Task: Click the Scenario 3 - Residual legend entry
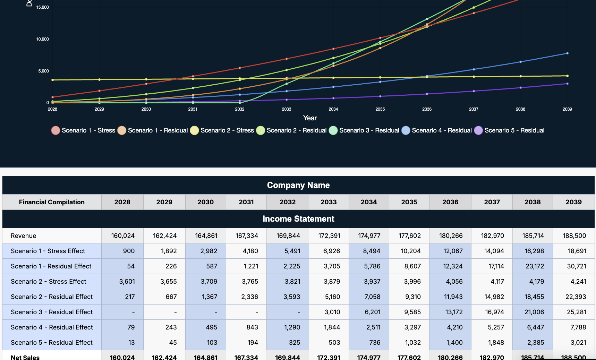coord(364,130)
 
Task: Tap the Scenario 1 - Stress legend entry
coord(83,130)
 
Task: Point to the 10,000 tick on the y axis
coord(42,39)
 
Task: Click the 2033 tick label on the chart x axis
coord(286,109)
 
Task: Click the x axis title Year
coord(310,118)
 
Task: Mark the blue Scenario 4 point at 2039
coord(567,53)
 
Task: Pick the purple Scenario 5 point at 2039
coord(567,84)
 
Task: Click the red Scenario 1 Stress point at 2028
coord(53,97)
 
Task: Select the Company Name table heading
coord(298,185)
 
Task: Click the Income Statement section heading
coord(298,219)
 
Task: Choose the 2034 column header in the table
coord(368,202)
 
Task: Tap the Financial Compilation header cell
coord(52,202)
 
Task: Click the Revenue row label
coord(24,236)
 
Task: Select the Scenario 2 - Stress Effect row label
coord(49,282)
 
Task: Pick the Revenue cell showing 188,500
coord(574,236)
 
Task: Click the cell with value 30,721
coord(576,266)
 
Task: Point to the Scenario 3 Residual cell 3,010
coord(332,312)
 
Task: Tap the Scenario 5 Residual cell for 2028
coord(131,343)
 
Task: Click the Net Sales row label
coord(25,357)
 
